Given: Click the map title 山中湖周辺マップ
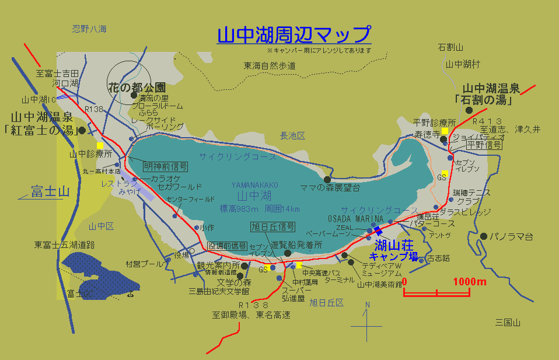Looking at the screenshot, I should (x=294, y=34).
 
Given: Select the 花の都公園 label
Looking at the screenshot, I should (x=137, y=87).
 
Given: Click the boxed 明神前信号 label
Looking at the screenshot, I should (x=166, y=166).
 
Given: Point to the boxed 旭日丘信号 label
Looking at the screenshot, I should (x=272, y=226).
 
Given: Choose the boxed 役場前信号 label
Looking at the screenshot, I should (x=228, y=246).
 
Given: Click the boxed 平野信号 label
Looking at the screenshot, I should (x=484, y=144).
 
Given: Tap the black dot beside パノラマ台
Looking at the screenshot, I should (x=484, y=236).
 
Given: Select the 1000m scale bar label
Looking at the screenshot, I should (x=470, y=282).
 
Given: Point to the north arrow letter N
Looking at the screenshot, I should (x=367, y=305).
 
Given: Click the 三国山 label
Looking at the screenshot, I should (x=507, y=323).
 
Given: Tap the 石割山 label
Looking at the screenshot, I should (x=450, y=48).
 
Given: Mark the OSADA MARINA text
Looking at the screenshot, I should (x=355, y=218).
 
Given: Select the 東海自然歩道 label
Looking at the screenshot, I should (x=270, y=66).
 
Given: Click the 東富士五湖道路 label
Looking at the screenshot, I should (x=64, y=244).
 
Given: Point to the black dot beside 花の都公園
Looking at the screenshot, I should (x=134, y=96).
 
